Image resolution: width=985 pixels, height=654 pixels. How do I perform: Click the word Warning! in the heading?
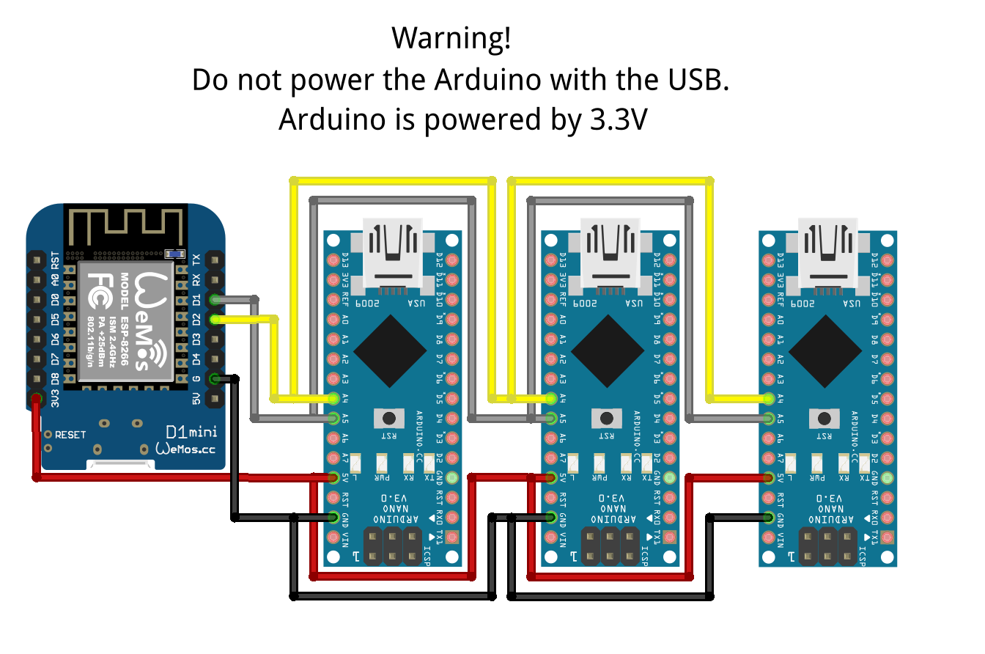pos(450,39)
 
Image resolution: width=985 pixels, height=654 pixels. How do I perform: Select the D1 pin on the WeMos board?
pos(214,299)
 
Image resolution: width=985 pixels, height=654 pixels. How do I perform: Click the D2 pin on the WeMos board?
pos(214,319)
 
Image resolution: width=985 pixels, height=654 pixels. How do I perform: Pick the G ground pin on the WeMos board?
pos(214,379)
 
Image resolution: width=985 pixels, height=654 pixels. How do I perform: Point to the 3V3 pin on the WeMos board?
pos(36,399)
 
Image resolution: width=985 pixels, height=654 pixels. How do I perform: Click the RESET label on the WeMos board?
pos(70,435)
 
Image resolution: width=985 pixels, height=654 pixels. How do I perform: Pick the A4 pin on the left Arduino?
pos(334,399)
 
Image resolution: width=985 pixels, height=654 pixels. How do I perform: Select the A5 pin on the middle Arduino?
pos(551,419)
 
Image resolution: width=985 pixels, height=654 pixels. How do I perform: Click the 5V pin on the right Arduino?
pos(768,478)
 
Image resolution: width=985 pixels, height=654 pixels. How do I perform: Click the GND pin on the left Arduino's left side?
pos(334,518)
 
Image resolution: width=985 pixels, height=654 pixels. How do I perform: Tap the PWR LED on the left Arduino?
pos(381,465)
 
